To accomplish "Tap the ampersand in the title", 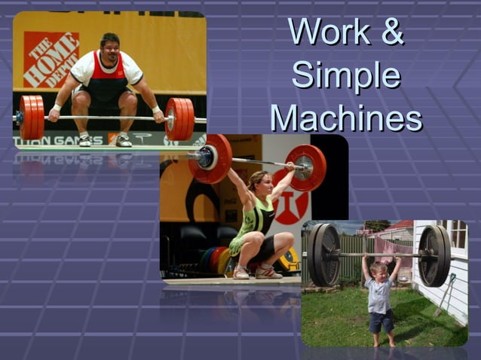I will point(392,32).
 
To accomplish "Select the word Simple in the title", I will point(346,75).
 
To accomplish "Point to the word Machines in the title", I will point(346,119).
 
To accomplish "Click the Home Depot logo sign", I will point(51,59).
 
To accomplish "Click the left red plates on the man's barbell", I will point(32,117).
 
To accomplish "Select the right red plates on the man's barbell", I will point(179,118).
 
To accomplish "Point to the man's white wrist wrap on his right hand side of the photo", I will point(157,110).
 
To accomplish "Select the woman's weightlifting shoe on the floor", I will point(268,272).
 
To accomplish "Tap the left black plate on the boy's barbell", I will point(325,255).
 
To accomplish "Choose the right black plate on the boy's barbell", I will point(435,255).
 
